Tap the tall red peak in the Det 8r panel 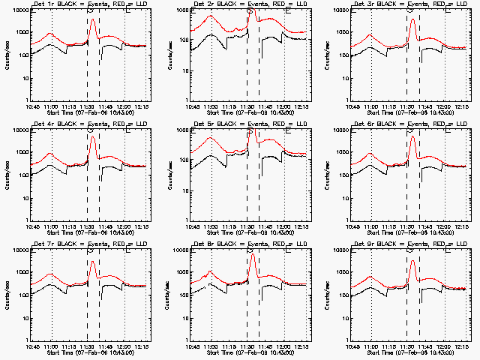(x=253, y=256)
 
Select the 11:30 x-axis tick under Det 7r (x=87, y=346)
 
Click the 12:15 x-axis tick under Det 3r (x=463, y=106)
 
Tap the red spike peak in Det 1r (x=92, y=20)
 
